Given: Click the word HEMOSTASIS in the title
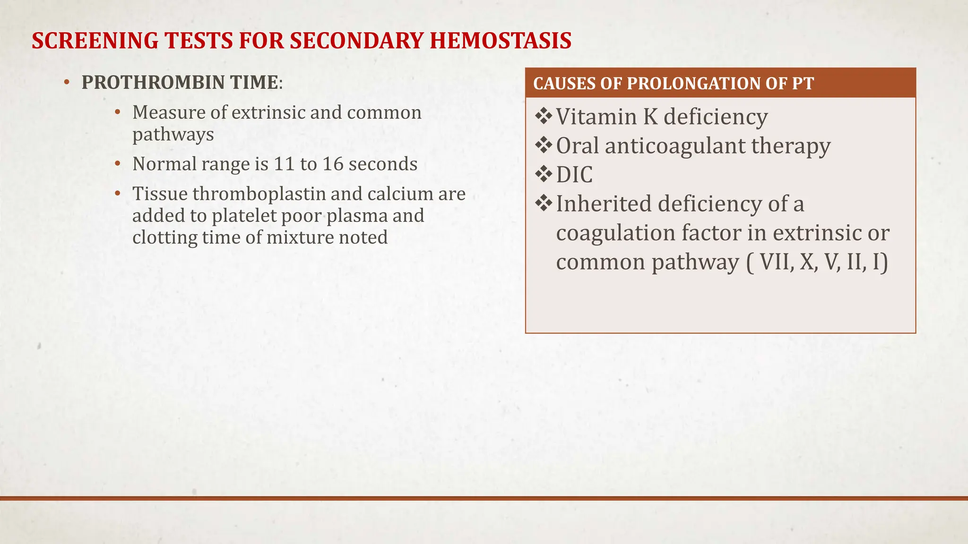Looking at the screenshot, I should pyautogui.click(x=501, y=41).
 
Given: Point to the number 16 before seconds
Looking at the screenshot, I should pyautogui.click(x=333, y=164).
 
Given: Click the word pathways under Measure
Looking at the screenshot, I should pyautogui.click(x=173, y=135).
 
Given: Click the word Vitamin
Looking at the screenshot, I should pyautogui.click(x=596, y=117).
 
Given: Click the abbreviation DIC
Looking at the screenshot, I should pyautogui.click(x=574, y=175).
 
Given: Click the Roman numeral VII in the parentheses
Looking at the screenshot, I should pyautogui.click(x=777, y=262).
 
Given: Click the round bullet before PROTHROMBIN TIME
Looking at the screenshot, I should pyautogui.click(x=67, y=83).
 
